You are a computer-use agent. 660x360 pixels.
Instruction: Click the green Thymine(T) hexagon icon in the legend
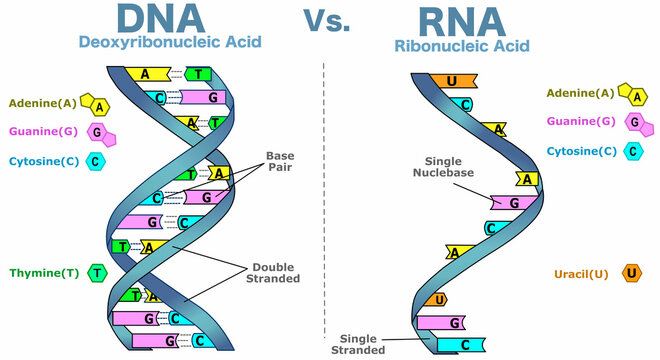click(x=97, y=272)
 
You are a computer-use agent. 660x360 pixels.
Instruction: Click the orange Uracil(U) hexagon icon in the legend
click(x=631, y=273)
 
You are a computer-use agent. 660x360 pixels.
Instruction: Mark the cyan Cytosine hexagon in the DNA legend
click(x=97, y=161)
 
